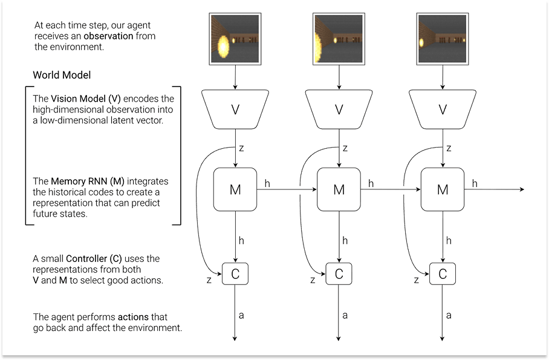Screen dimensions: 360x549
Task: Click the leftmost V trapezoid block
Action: click(235, 110)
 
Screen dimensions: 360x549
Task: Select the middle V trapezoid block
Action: click(339, 110)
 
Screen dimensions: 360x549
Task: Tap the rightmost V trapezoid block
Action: click(443, 110)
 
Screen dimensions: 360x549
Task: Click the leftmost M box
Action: click(235, 189)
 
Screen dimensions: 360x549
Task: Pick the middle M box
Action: click(339, 189)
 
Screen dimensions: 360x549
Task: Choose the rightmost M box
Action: click(443, 189)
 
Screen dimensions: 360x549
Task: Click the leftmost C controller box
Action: click(235, 274)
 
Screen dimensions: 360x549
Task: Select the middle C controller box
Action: click(339, 274)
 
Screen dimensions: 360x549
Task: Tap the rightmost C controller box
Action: click(443, 274)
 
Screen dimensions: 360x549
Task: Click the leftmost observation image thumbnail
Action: click(235, 40)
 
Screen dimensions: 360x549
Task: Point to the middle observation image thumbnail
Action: click(339, 40)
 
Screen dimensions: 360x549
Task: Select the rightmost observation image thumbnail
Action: click(442, 40)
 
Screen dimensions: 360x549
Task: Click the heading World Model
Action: click(62, 76)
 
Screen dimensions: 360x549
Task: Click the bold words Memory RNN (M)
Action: click(88, 182)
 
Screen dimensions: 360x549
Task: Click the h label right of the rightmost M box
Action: click(475, 183)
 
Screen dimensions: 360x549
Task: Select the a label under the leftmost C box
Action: click(242, 315)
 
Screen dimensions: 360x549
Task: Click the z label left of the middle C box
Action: click(313, 280)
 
